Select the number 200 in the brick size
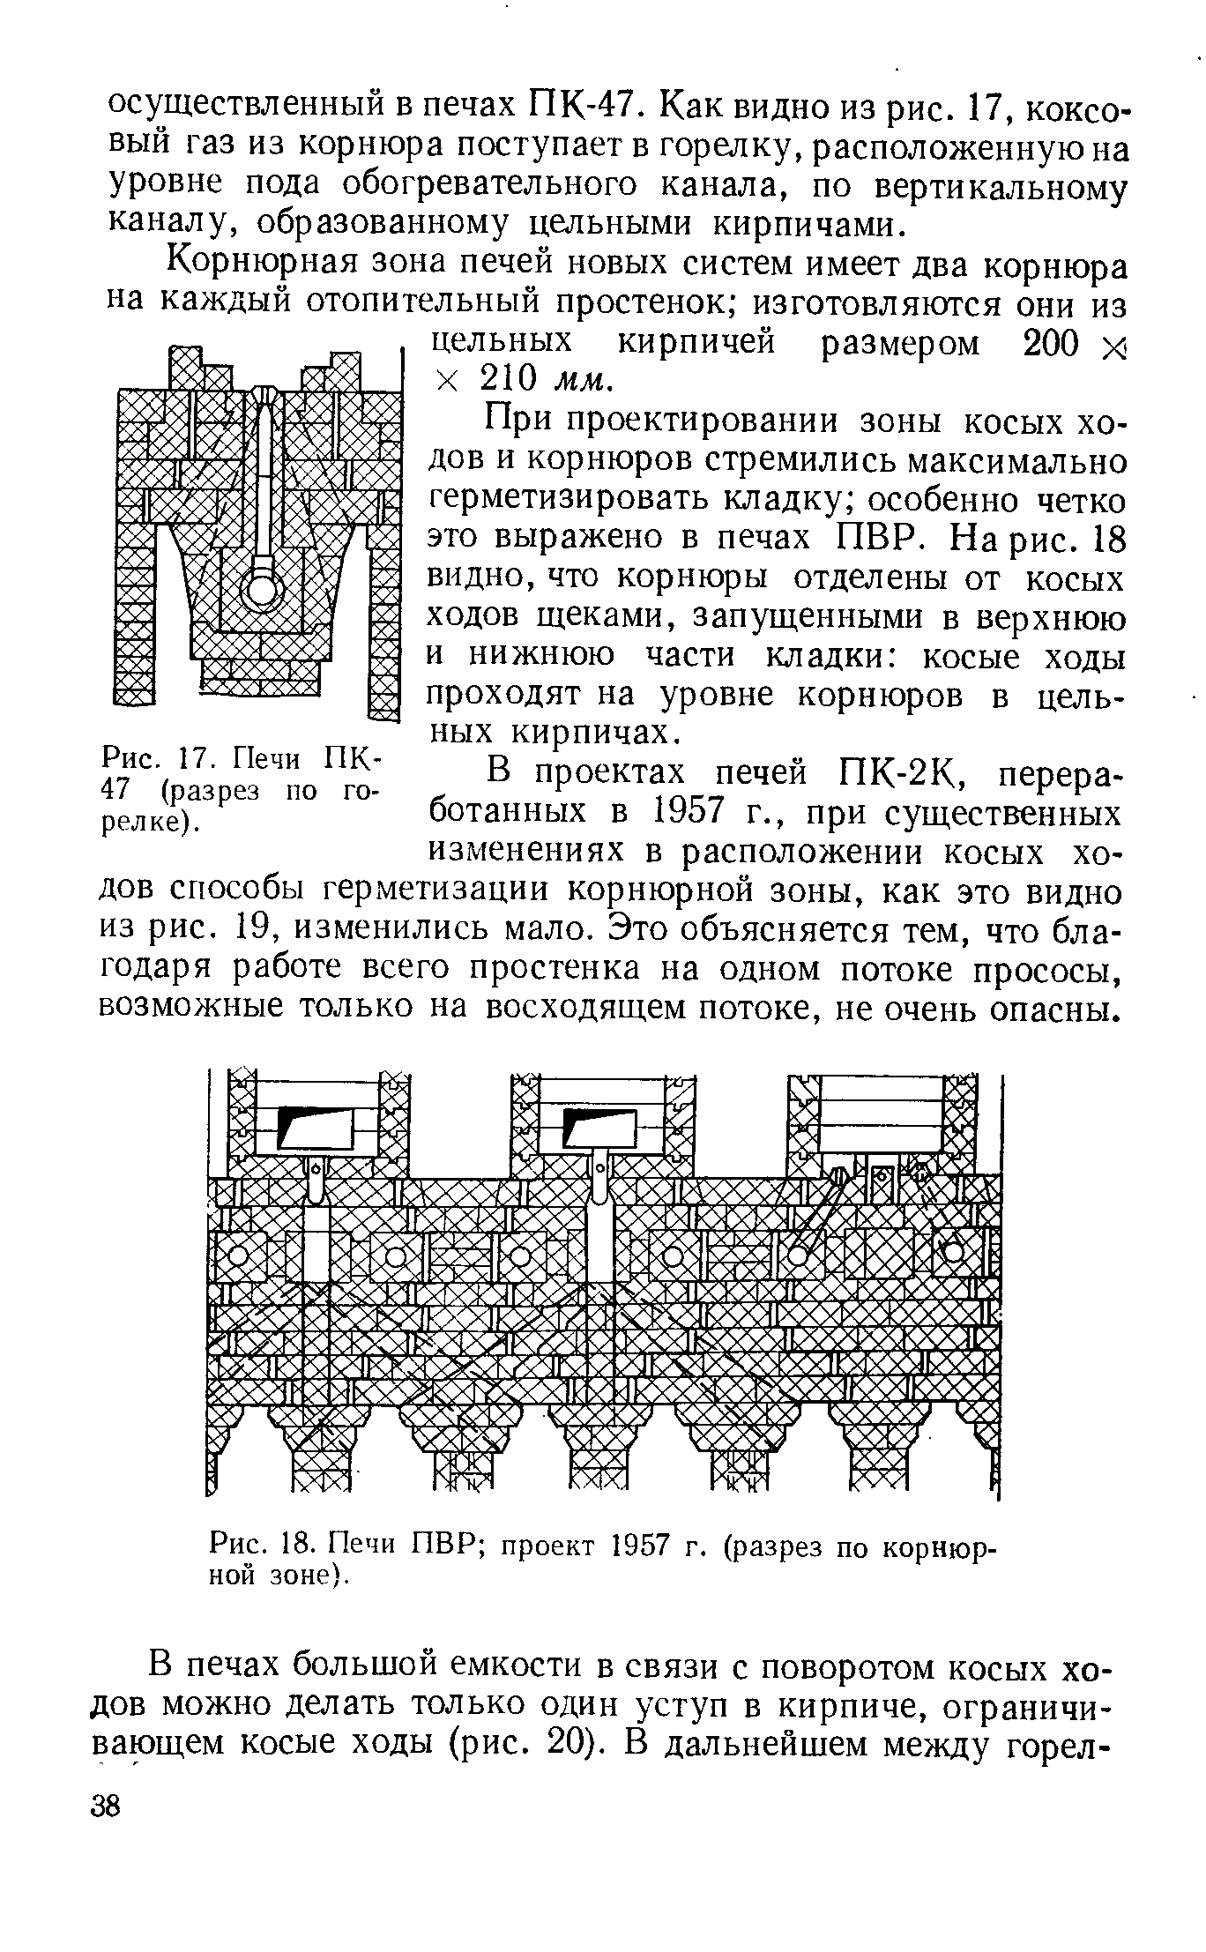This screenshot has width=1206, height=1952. (x=1050, y=344)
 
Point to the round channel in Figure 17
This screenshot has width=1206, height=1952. (x=262, y=589)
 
